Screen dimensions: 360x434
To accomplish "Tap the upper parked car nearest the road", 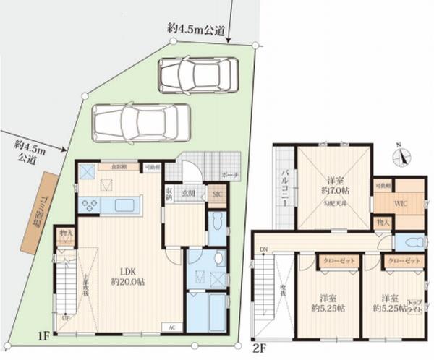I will tap(198, 74).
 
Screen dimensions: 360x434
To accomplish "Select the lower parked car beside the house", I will tap(141, 123).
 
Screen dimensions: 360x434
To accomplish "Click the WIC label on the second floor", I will tap(399, 204).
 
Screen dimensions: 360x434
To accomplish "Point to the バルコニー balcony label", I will tap(284, 191).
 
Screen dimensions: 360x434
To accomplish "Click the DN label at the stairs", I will tap(264, 251).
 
